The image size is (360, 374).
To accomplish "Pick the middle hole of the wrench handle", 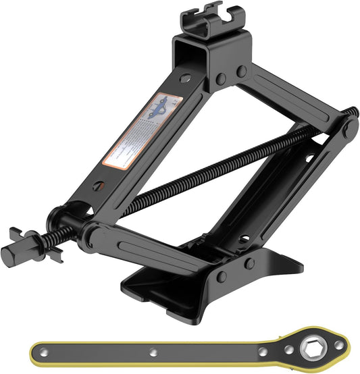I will click(155, 352).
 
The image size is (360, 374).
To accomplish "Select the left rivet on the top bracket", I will click(220, 79).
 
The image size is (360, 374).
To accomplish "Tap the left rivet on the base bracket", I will click(221, 276).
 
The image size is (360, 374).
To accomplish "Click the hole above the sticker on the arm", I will click(183, 79).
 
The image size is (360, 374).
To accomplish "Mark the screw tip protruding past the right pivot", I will click(353, 111).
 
